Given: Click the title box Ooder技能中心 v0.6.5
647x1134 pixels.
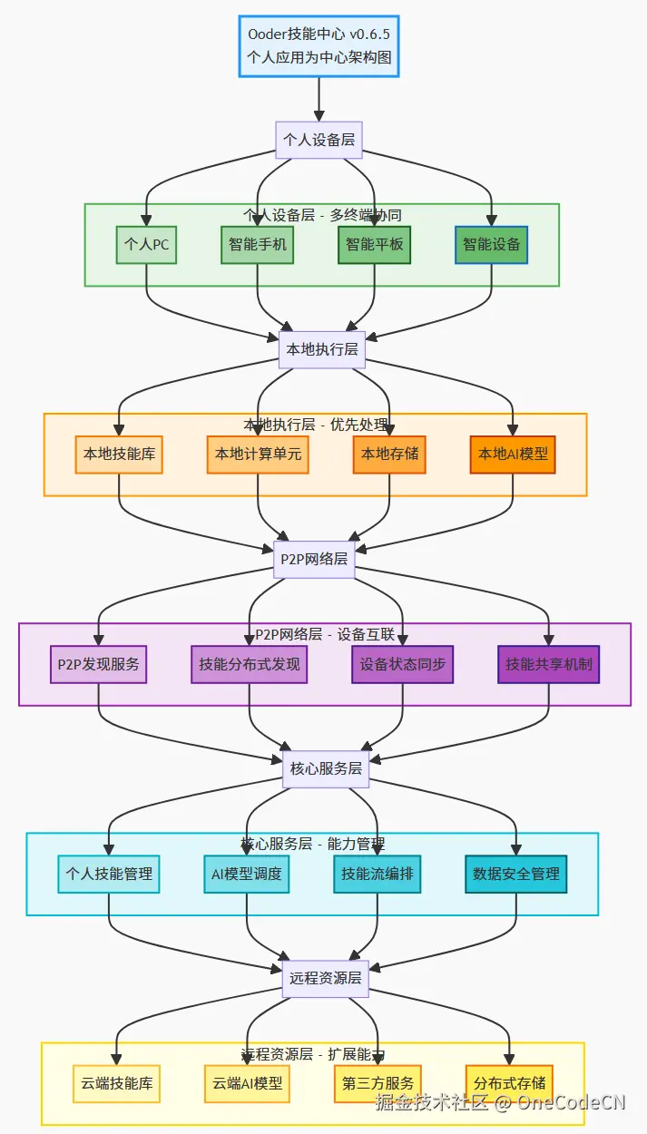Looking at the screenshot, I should [x=319, y=46].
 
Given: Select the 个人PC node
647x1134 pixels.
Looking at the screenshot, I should [x=146, y=245].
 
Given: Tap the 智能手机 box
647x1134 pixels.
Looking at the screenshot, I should [x=257, y=245].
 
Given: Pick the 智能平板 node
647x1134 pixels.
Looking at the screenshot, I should [x=374, y=245].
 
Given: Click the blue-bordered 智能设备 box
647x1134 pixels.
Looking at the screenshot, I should [x=491, y=245].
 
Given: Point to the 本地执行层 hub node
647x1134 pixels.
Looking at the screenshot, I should [x=321, y=349].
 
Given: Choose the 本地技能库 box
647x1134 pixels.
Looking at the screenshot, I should [x=119, y=455].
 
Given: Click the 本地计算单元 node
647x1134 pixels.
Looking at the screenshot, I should [x=258, y=455].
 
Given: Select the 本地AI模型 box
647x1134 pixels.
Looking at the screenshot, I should [x=513, y=455].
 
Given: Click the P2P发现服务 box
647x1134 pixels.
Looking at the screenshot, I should [x=99, y=664].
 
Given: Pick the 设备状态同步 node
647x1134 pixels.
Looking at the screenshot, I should [x=402, y=664].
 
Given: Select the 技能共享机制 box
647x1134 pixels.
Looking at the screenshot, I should [x=548, y=664].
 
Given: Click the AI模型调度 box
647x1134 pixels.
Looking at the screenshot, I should [x=246, y=875].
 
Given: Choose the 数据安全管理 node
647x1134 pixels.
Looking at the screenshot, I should [x=516, y=875].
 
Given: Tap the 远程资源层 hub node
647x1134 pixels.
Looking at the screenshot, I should [x=325, y=979].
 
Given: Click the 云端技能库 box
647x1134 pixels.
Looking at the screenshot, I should [x=116, y=1083].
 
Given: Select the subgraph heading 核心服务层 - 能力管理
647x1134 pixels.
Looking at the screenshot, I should [x=313, y=844].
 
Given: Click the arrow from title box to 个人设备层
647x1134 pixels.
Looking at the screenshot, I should [x=319, y=100].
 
